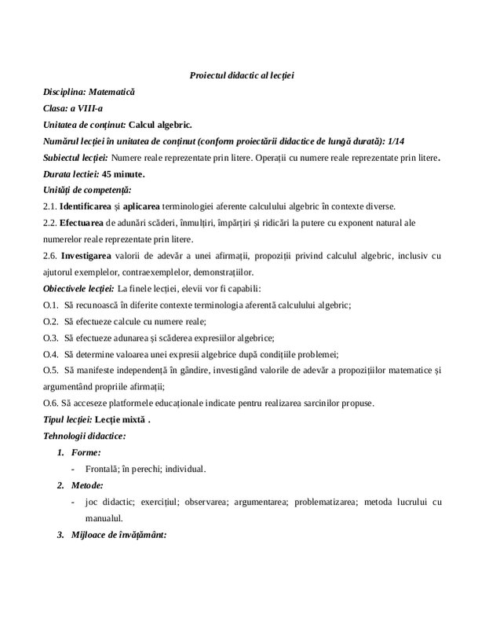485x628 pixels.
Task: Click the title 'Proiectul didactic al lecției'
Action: [x=242, y=75]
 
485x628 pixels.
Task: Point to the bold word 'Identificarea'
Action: [x=90, y=206]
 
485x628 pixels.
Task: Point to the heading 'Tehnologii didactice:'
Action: [x=84, y=436]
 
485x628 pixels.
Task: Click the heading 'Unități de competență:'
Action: [x=87, y=190]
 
